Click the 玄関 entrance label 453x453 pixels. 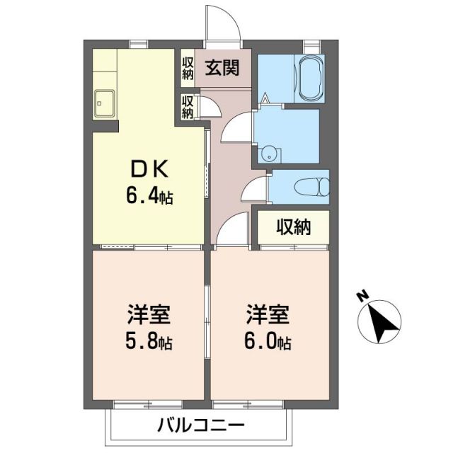click(x=222, y=68)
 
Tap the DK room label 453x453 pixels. click(x=149, y=170)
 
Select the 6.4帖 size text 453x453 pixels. click(x=149, y=195)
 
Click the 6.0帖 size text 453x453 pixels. click(x=268, y=343)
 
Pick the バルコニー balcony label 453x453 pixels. click(x=200, y=426)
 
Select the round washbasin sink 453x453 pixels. click(x=269, y=151)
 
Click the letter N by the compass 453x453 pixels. click(x=362, y=297)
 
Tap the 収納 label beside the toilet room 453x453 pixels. click(x=292, y=228)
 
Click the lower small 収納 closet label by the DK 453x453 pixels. click(x=188, y=107)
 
